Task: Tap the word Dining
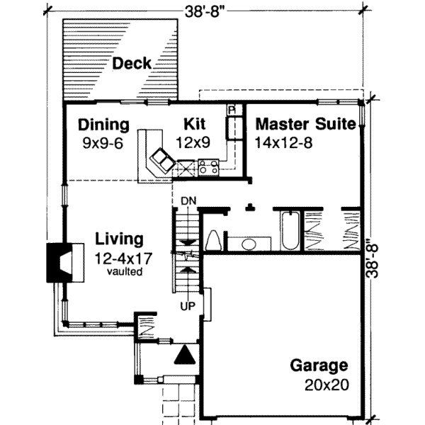pos(103,125)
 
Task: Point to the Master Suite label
pos(305,125)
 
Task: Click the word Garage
pos(319,366)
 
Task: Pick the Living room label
pos(120,239)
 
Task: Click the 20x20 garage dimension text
pos(324,387)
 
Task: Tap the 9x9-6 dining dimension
pos(103,142)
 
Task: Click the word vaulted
pos(123,271)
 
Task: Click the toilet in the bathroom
pos(213,242)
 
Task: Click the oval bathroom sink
pos(249,244)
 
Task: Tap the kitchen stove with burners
pos(208,168)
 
